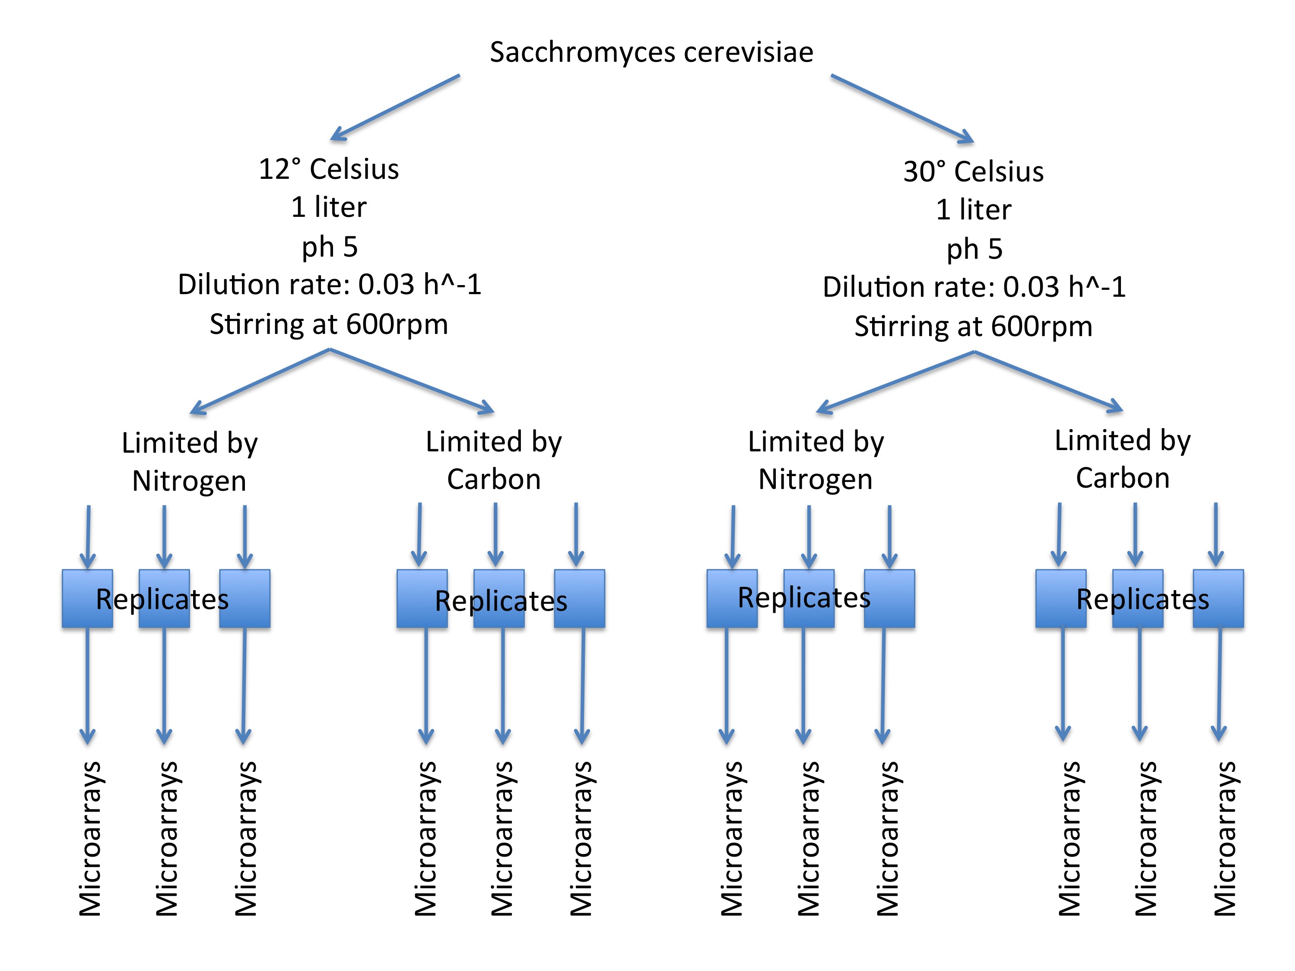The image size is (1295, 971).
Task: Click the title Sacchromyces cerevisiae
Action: click(x=651, y=52)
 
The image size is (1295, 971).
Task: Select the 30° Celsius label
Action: click(x=973, y=171)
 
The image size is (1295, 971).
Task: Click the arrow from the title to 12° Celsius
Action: click(x=395, y=108)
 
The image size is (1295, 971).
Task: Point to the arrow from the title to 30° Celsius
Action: click(x=901, y=108)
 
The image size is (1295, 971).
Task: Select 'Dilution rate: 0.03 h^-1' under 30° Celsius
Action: click(x=974, y=287)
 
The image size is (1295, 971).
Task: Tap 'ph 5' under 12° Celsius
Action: click(x=329, y=246)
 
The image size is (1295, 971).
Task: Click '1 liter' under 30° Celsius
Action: click(x=973, y=209)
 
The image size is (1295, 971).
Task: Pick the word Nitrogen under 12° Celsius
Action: click(x=189, y=481)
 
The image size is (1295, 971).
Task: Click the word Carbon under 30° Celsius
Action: click(x=1122, y=478)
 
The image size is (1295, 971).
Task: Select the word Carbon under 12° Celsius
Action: click(x=494, y=479)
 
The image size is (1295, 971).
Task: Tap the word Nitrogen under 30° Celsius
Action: click(x=815, y=479)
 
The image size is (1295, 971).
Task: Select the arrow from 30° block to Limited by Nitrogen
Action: click(x=896, y=381)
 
